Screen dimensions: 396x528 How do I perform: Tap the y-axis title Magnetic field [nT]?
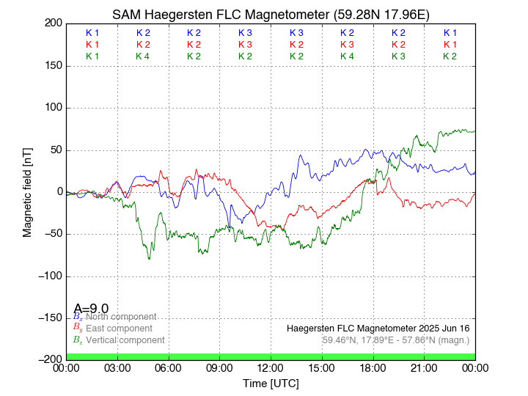[x=27, y=191]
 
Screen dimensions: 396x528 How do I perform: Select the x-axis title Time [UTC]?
[x=271, y=383]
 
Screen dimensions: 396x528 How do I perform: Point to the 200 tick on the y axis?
[x=53, y=23]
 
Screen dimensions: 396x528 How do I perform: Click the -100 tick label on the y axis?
[x=48, y=276]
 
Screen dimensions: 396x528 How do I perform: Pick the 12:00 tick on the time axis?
[x=271, y=367]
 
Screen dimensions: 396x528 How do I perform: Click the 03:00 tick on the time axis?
[x=117, y=367]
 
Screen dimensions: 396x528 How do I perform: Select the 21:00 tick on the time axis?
[x=424, y=367]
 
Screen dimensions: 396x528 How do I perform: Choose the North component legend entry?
[x=118, y=317]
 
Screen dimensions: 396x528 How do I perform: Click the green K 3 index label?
[x=398, y=56]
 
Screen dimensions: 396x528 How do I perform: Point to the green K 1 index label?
[x=92, y=56]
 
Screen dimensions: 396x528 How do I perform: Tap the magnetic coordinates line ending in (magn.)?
[x=395, y=340]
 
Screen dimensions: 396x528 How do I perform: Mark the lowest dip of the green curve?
[x=149, y=258]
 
